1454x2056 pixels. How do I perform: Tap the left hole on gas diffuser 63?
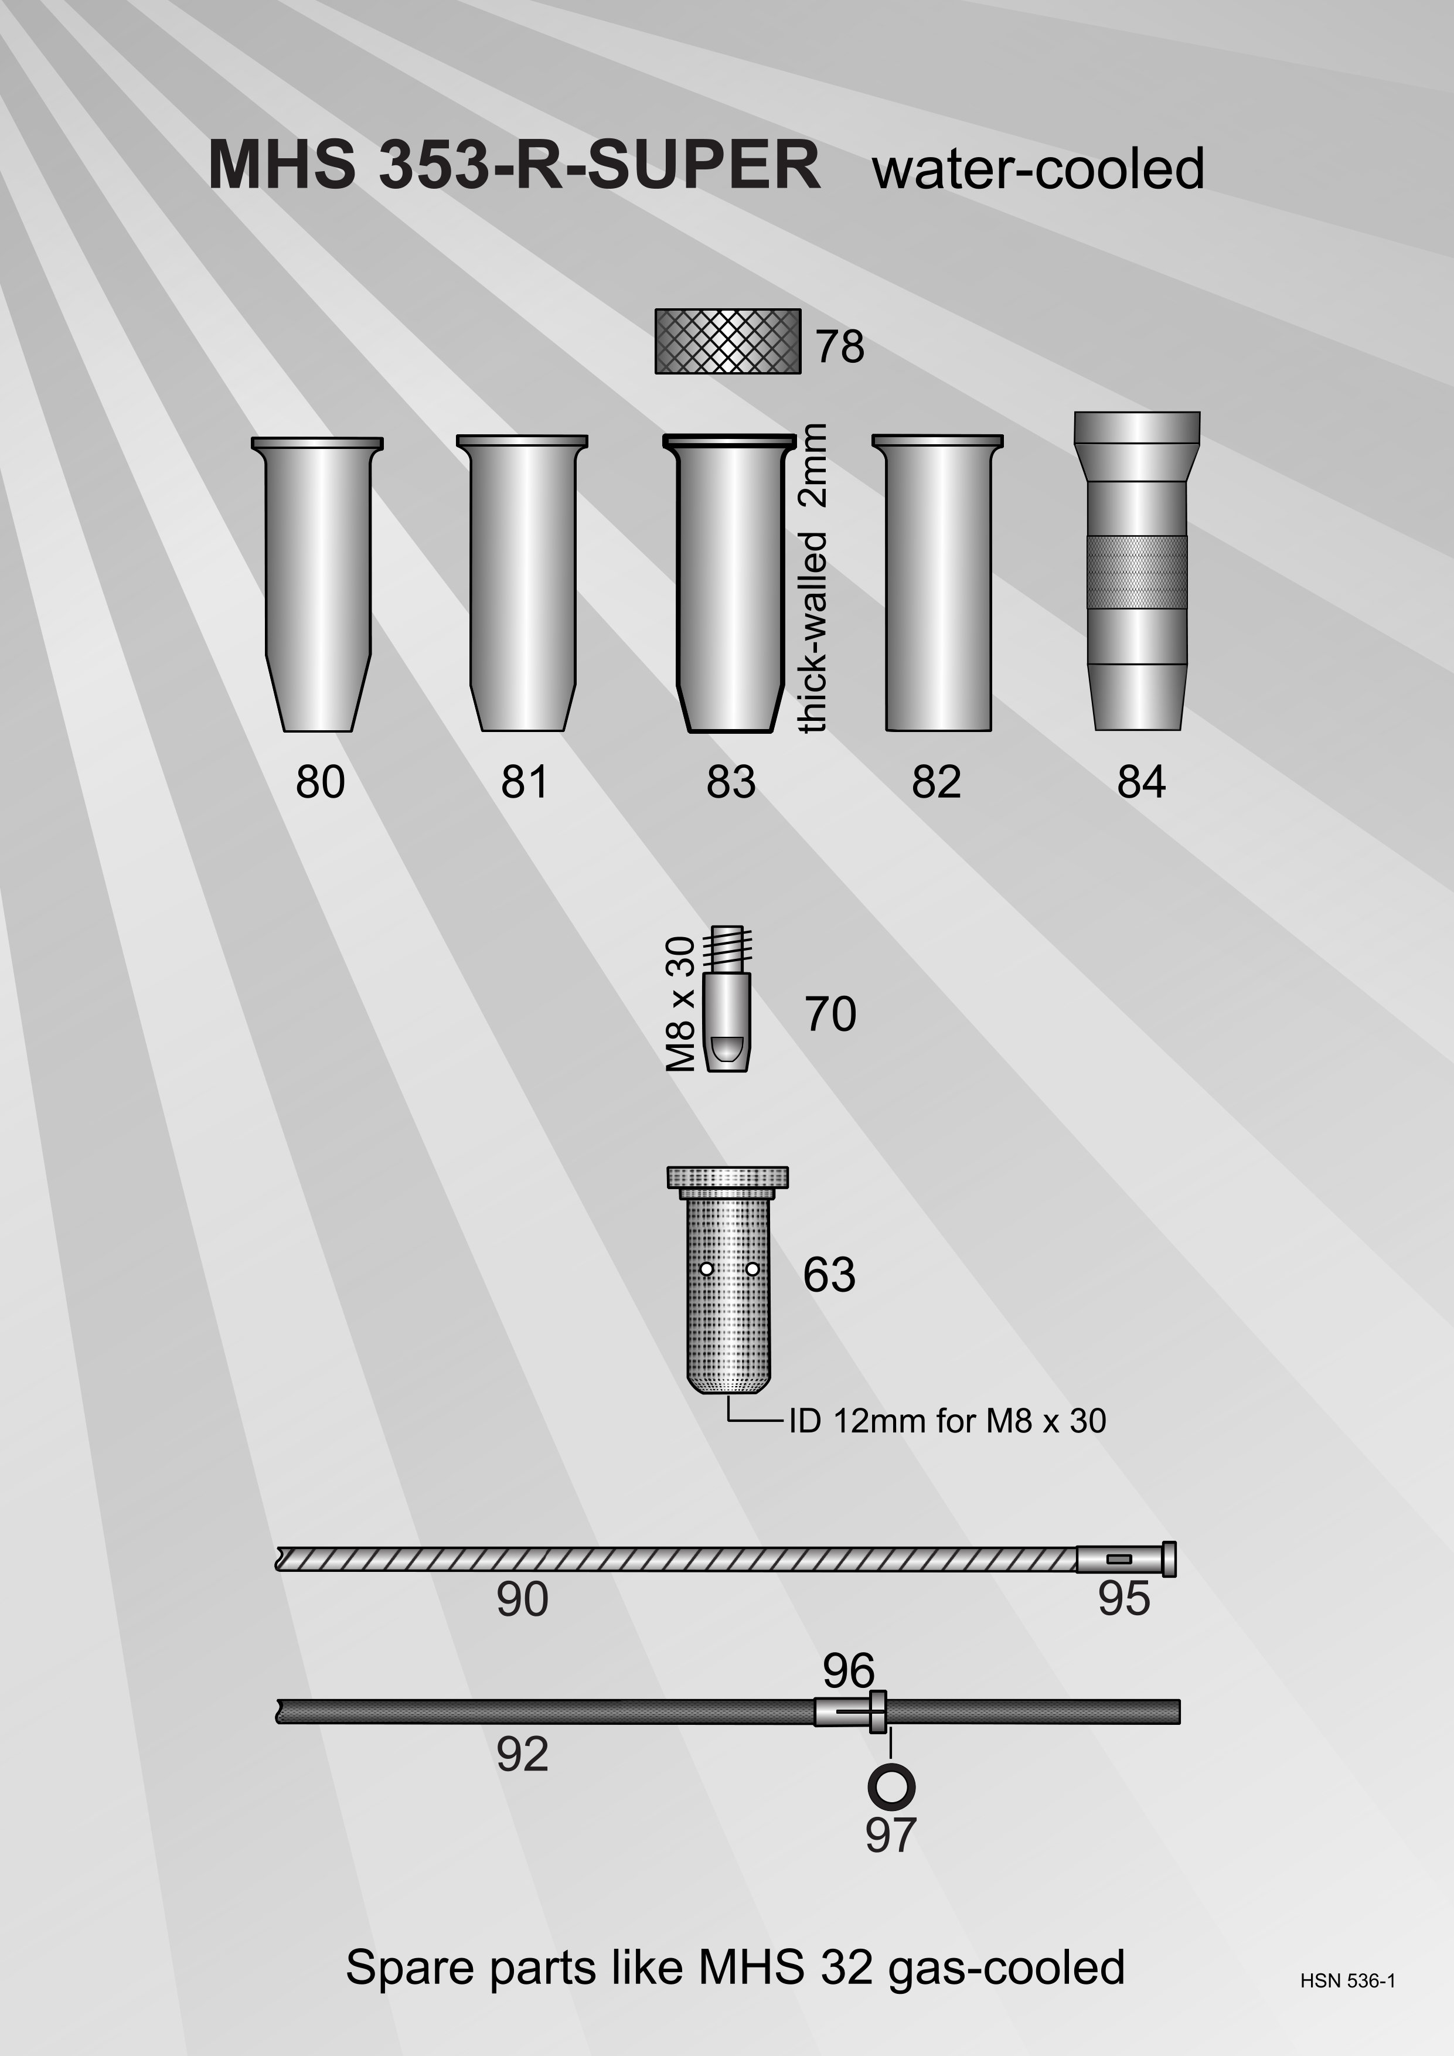click(x=706, y=1269)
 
